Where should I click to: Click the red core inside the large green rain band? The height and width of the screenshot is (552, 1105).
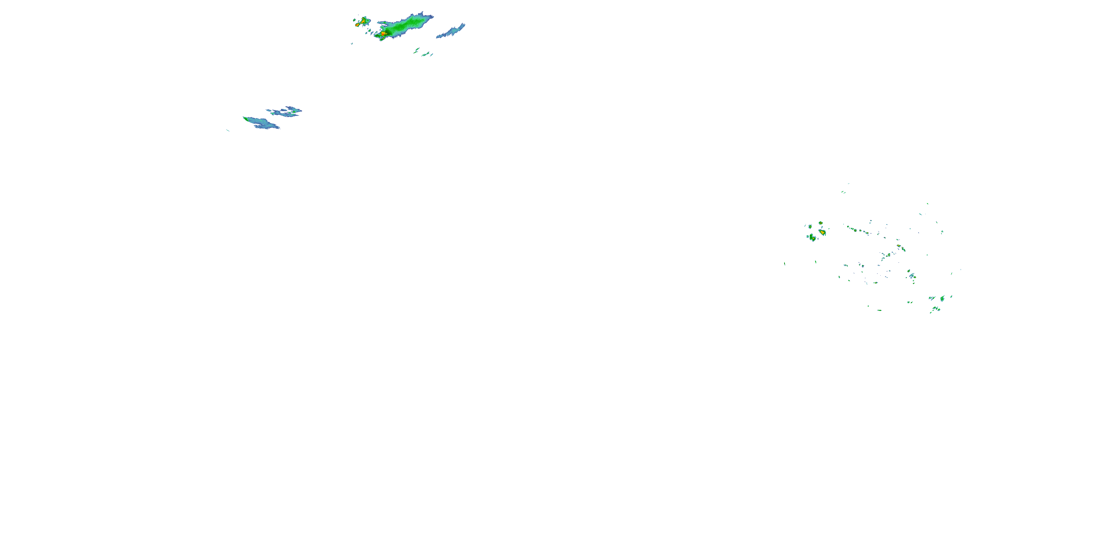(x=383, y=33)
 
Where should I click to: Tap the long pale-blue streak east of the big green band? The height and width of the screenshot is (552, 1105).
(x=451, y=31)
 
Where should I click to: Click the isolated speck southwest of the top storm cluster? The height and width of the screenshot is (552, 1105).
(x=352, y=43)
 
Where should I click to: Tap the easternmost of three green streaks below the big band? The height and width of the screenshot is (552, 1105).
(x=432, y=54)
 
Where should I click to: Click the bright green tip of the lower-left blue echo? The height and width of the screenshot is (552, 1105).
(x=245, y=118)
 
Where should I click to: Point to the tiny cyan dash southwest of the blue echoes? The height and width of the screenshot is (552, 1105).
(x=228, y=130)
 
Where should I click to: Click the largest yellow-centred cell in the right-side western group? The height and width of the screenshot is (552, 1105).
(x=822, y=232)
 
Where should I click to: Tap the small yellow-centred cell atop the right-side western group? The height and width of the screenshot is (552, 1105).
(x=821, y=223)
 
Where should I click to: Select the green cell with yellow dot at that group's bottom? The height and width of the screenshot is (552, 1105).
(x=812, y=238)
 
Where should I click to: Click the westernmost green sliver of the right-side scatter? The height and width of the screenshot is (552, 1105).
(x=785, y=263)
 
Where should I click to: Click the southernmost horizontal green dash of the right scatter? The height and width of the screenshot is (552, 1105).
(x=879, y=310)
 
